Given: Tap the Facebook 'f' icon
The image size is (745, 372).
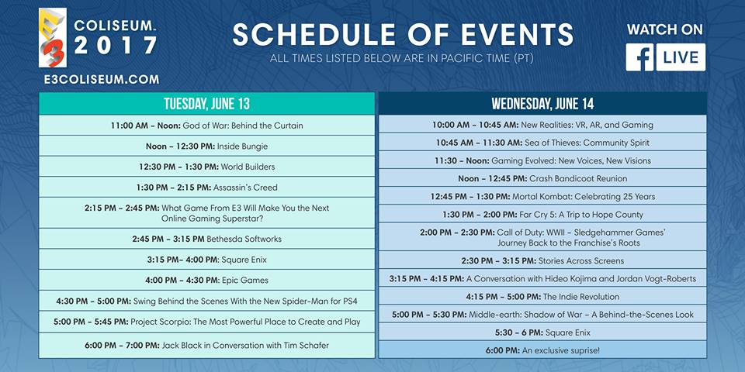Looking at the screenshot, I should [639, 57].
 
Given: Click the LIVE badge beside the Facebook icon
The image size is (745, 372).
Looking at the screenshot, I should [681, 57].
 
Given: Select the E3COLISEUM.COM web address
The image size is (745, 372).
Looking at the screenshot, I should [102, 79].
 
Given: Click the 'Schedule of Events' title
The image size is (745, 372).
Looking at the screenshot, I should [403, 34].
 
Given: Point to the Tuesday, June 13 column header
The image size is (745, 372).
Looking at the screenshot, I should [206, 104].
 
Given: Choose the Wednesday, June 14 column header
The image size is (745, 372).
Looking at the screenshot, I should [542, 104].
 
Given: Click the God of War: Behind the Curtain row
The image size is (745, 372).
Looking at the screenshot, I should [206, 126].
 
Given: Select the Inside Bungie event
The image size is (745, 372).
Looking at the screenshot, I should [206, 146].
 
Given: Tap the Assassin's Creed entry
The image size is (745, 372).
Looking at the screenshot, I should [206, 188].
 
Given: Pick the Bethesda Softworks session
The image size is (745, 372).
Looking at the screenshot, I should [206, 239].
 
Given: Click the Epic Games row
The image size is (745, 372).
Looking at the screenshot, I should [206, 280].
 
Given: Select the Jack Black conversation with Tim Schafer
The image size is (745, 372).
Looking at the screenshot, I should [206, 345].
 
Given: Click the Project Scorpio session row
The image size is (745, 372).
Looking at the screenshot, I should [206, 322].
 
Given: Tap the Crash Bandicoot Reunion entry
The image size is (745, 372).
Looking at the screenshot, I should [542, 178].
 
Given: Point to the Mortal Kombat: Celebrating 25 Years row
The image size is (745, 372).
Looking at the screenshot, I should [542, 196].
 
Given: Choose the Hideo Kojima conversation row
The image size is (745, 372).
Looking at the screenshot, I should [542, 278].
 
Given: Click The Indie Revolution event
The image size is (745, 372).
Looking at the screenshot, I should [542, 296].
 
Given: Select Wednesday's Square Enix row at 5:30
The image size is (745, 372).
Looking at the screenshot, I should [542, 332].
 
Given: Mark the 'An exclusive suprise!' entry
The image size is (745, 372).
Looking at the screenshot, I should [542, 350].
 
